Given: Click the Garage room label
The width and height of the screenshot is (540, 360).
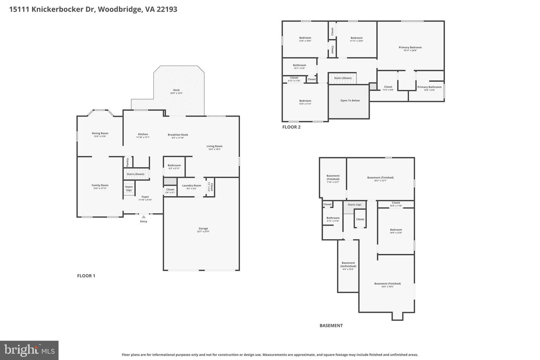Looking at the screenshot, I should [203, 229].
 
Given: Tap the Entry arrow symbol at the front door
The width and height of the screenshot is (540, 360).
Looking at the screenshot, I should [143, 217].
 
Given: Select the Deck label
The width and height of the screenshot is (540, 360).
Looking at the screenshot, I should [176, 90].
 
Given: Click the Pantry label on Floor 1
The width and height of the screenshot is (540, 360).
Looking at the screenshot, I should [127, 162].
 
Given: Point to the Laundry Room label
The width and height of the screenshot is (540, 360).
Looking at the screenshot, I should [192, 186].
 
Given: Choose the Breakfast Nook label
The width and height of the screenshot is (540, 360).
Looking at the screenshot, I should [178, 135].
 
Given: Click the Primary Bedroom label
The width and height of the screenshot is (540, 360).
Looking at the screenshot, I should [410, 48].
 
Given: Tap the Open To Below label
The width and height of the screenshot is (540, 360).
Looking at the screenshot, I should [350, 100].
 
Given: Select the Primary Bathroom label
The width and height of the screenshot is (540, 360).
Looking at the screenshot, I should [429, 87].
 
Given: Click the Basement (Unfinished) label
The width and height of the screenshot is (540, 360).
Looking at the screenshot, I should [348, 264].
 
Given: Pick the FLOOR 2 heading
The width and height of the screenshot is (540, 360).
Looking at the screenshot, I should [291, 127].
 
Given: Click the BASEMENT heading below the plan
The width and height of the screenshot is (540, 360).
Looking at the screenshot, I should [331, 325].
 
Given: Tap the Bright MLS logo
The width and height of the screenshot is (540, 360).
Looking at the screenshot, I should [29, 350].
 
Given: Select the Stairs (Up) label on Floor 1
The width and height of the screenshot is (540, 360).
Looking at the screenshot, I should [129, 188].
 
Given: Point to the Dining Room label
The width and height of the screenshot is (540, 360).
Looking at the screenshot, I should [100, 133].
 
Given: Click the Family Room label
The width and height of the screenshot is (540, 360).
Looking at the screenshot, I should [100, 185].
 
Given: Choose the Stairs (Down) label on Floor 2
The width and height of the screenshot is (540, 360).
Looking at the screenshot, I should [343, 78].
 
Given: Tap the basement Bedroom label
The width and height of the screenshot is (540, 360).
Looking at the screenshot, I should [396, 230].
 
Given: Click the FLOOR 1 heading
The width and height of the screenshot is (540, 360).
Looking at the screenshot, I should [86, 276].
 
